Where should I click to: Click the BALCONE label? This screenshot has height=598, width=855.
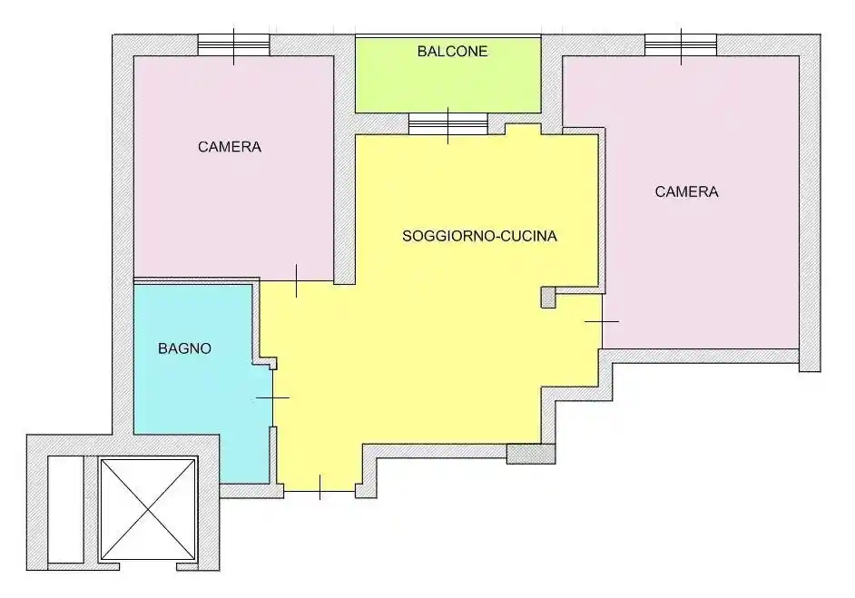click(x=452, y=51)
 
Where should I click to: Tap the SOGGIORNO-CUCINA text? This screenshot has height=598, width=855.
click(x=479, y=236)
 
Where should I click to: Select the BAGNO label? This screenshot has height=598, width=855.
click(x=184, y=348)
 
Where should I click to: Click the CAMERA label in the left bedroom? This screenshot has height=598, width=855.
click(x=230, y=147)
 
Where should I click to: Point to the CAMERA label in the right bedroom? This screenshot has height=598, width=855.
click(x=686, y=191)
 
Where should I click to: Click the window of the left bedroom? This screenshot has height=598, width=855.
click(x=233, y=45)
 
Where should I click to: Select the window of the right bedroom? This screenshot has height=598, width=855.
click(x=681, y=45)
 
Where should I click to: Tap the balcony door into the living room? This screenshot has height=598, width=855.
click(x=448, y=124)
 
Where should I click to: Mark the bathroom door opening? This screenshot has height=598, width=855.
click(x=272, y=398)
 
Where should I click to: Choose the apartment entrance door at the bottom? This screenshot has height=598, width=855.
click(x=319, y=487)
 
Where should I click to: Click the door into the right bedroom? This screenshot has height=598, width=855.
click(x=602, y=321)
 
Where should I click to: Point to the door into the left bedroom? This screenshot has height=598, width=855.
click(x=297, y=280)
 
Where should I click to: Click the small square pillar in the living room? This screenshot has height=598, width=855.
click(x=548, y=298)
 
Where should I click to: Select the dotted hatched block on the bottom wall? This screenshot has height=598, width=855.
click(x=531, y=454)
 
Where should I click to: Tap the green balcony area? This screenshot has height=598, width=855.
click(x=447, y=74)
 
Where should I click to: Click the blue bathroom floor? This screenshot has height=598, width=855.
click(x=201, y=382)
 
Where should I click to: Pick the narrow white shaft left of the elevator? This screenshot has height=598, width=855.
click(x=65, y=509)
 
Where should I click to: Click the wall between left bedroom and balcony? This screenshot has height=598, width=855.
click(x=345, y=158)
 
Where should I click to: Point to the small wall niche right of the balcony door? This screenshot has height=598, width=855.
click(x=523, y=129)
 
